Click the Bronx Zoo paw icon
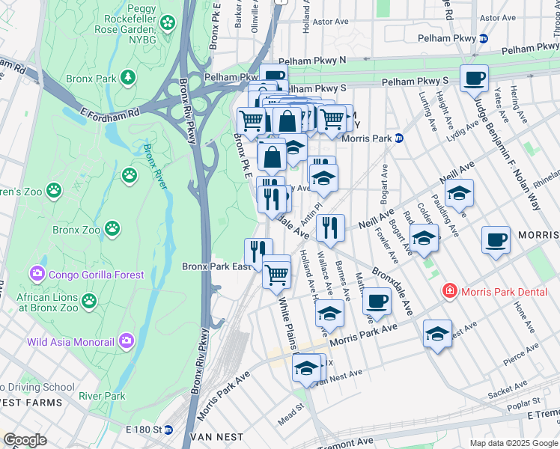tap(112, 227)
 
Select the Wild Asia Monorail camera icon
tap(127, 342)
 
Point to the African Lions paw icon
tap(89, 301)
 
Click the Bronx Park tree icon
tap(129, 77)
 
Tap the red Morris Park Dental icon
tap(449, 290)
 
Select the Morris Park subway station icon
tap(399, 138)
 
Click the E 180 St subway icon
tap(168, 430)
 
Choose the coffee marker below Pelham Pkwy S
tap(473, 78)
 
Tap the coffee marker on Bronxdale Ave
tap(377, 301)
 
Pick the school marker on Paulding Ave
tap(459, 192)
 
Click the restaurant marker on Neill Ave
tap(329, 227)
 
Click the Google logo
tap(25, 440)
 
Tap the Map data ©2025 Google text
tap(513, 443)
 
